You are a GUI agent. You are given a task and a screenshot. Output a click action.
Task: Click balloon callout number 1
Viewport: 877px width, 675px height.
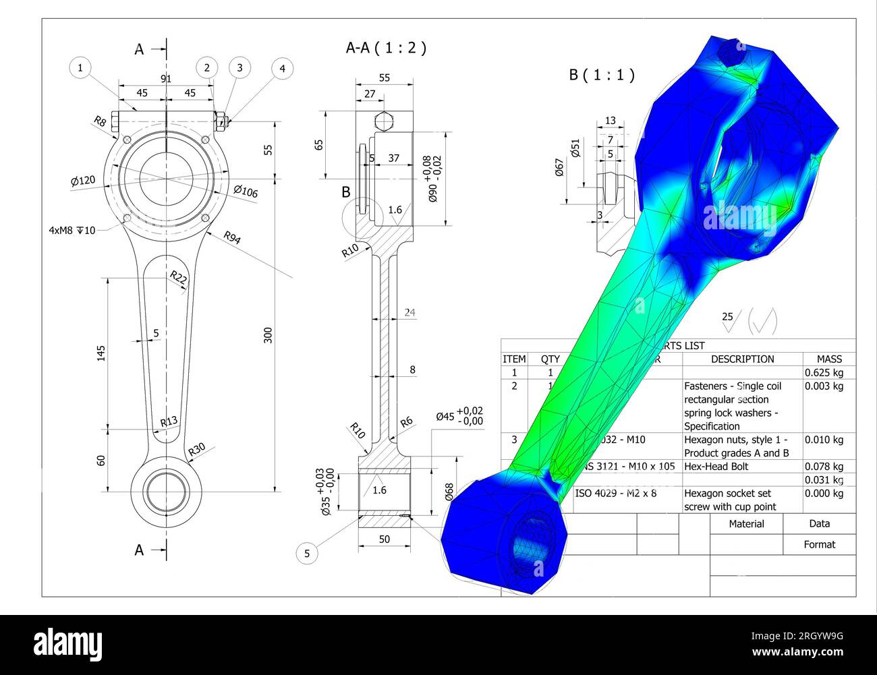pyautogui.click(x=80, y=67)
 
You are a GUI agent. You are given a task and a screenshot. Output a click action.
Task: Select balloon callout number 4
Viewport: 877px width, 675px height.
pyautogui.click(x=283, y=68)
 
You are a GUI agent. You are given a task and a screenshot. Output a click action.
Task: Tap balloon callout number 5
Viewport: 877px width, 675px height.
pyautogui.click(x=307, y=554)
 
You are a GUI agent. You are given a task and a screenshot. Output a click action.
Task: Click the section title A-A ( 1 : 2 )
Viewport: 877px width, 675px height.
pyautogui.click(x=386, y=48)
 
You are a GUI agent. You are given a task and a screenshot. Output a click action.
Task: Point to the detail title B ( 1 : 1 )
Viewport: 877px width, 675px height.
pyautogui.click(x=601, y=75)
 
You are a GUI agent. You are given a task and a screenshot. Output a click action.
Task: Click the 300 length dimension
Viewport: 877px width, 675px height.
pyautogui.click(x=268, y=335)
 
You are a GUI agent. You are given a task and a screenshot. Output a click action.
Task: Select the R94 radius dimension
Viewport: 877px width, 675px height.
pyautogui.click(x=231, y=237)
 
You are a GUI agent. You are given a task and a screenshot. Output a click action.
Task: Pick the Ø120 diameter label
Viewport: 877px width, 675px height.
pyautogui.click(x=83, y=181)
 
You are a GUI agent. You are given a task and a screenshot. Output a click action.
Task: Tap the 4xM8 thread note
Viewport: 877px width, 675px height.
pyautogui.click(x=72, y=230)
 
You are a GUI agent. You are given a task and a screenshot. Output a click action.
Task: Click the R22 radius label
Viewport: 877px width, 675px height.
pyautogui.click(x=179, y=276)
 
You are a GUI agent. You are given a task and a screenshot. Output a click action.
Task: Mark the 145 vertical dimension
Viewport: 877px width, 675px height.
pyautogui.click(x=101, y=352)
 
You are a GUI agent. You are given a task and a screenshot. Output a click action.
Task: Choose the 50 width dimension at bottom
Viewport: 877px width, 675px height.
pyautogui.click(x=384, y=539)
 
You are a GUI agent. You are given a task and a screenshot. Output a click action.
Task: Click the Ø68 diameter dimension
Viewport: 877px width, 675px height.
pyautogui.click(x=449, y=491)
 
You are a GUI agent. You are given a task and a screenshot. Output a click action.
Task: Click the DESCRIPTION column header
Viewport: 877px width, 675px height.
pyautogui.click(x=742, y=359)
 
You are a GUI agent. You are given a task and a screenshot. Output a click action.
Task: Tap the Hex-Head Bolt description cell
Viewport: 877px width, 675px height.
pyautogui.click(x=716, y=466)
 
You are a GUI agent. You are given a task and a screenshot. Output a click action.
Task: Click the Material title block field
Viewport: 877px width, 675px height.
pyautogui.click(x=746, y=523)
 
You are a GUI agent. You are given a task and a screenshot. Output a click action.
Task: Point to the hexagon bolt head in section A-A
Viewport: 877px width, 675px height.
pyautogui.click(x=383, y=121)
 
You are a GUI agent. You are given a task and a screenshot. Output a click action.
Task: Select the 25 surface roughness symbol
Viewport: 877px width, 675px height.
pyautogui.click(x=730, y=321)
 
